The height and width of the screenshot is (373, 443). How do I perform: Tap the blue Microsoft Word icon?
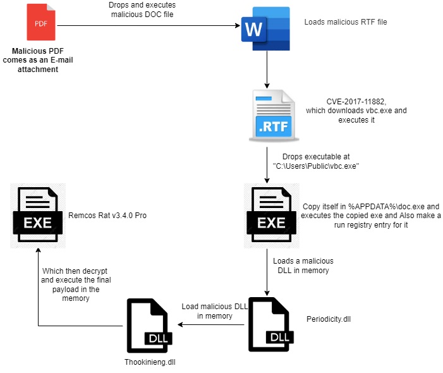(265, 27)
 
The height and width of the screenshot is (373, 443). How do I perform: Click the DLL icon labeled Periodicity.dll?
(272, 325)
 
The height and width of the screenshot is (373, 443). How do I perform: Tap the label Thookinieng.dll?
(150, 363)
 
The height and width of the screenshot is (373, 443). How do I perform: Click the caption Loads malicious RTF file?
(345, 21)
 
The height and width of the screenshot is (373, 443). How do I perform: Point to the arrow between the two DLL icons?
(212, 325)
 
